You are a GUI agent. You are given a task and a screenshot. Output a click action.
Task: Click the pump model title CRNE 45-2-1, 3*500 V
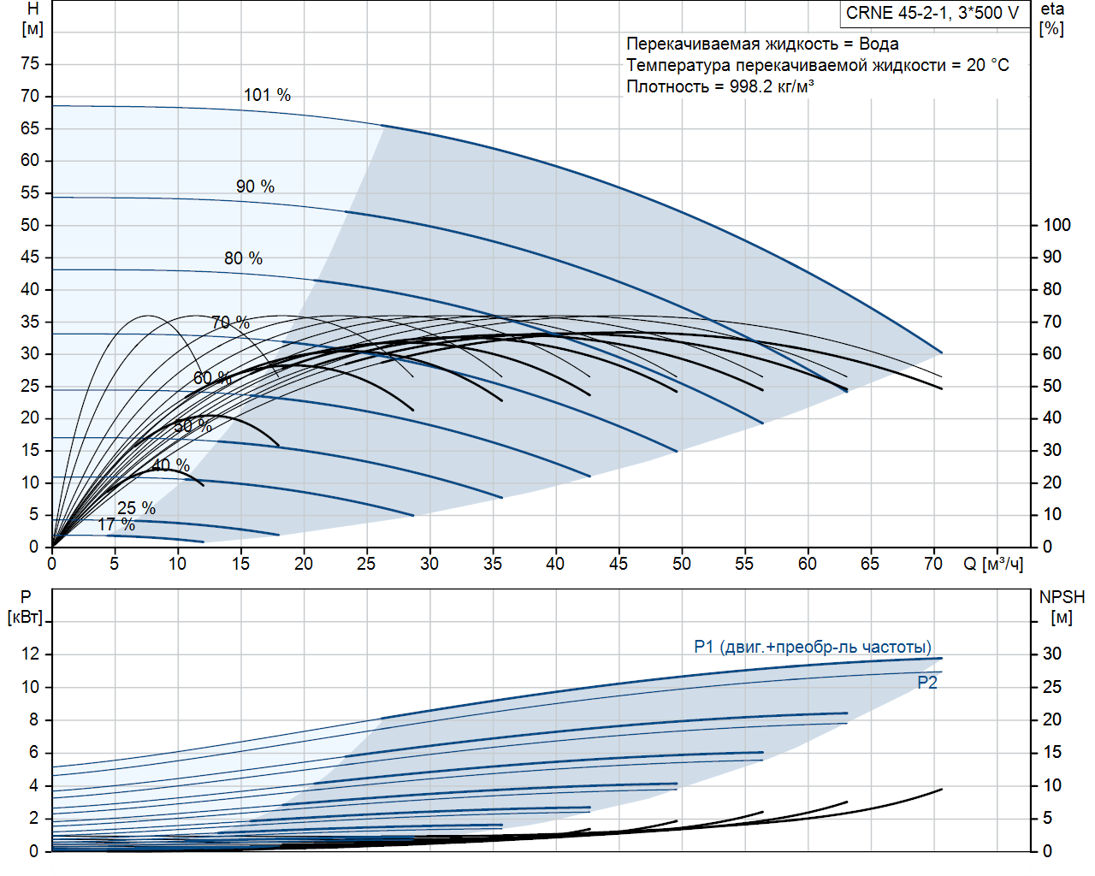pos(932,13)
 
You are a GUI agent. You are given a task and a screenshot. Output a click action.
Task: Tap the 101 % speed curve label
pos(267,95)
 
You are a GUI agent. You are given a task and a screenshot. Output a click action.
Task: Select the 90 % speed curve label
pos(255,186)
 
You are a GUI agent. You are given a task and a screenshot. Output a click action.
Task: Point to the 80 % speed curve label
pos(243,258)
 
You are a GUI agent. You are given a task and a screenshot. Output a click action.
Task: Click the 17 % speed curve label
pos(116,524)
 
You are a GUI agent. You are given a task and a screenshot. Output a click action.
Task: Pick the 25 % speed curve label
pos(136,508)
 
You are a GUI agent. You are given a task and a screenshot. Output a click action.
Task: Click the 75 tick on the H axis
pos(30,64)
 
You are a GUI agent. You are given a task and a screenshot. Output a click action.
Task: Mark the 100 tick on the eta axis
pos(1057,225)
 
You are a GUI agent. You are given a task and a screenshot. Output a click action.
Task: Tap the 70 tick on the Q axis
pos(933,564)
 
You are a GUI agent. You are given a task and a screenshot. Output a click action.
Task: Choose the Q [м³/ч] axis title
pos(993,564)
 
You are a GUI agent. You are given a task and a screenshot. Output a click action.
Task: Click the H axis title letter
pos(33,9)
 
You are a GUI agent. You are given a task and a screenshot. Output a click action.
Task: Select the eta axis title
pos(1052,9)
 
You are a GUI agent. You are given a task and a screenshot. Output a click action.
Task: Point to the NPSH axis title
pos(1062,597)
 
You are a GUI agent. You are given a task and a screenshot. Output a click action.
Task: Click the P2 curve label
pos(927,683)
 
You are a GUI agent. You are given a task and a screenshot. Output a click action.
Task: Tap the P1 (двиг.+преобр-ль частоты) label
pos(813,647)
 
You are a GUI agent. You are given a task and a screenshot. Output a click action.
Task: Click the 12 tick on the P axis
pos(30,654)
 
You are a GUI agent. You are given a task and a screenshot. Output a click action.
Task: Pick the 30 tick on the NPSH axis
pos(1052,654)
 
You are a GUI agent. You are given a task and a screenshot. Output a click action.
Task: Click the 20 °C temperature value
pos(988,65)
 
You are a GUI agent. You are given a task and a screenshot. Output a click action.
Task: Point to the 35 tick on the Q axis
pos(493,564)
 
